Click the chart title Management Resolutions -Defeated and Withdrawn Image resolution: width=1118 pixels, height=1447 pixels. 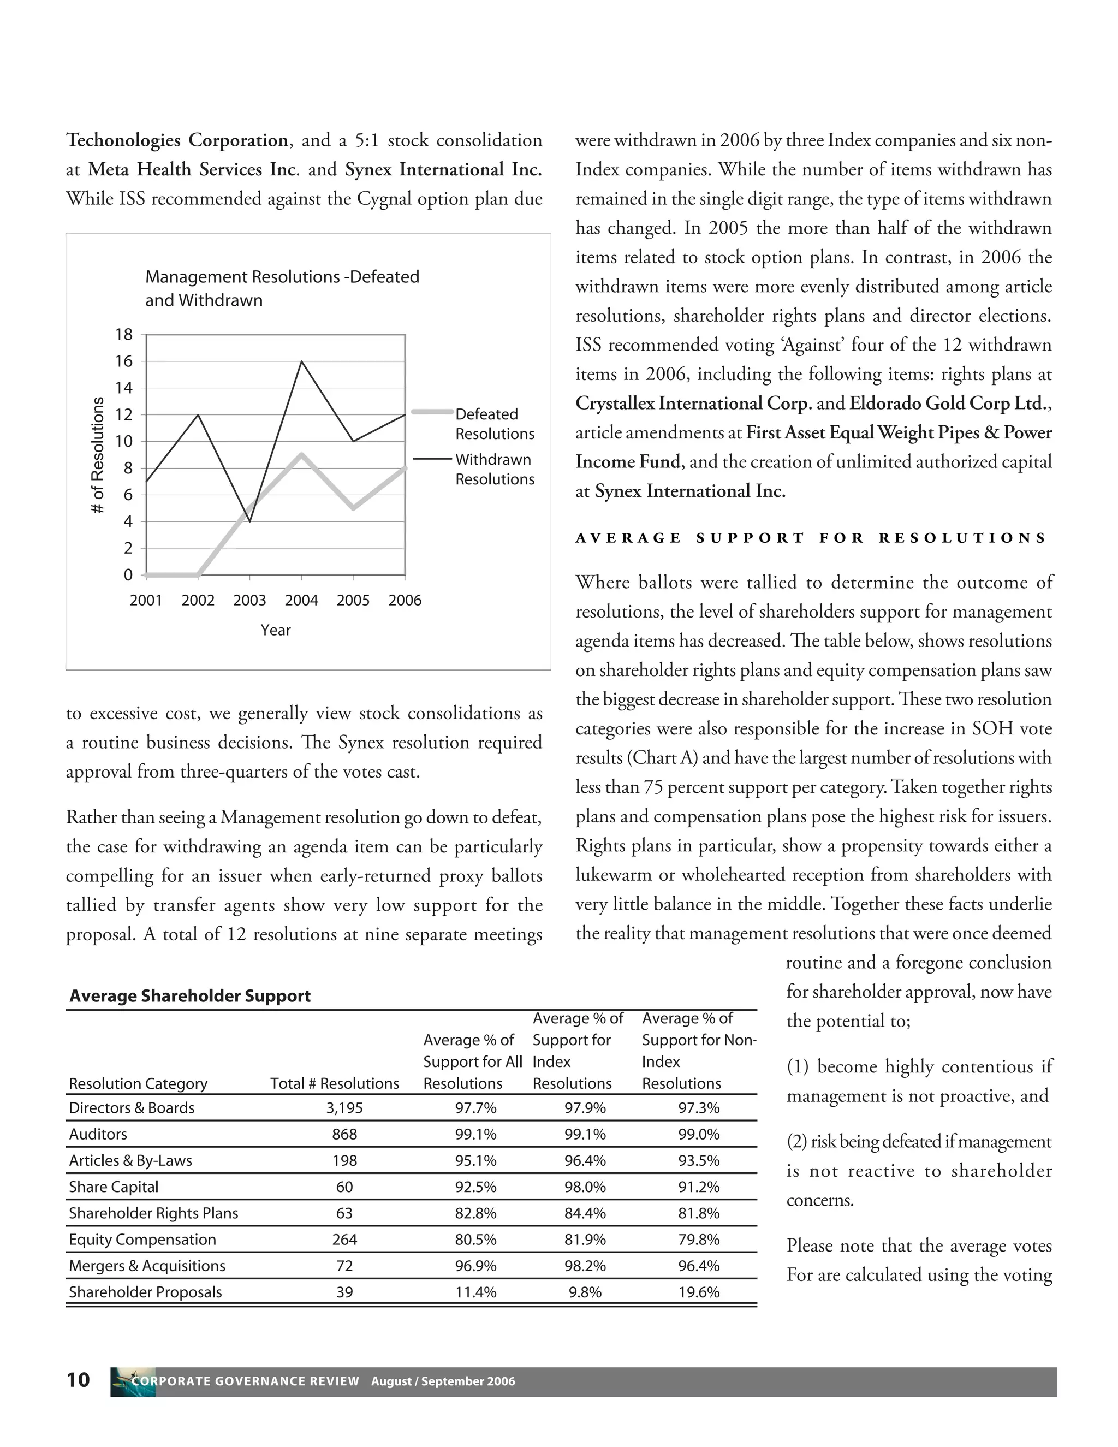coord(282,288)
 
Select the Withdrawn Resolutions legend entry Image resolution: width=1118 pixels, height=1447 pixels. coord(494,469)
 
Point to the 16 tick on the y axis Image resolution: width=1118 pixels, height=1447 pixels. coord(124,361)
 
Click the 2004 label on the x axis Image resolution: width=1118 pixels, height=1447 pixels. coord(301,600)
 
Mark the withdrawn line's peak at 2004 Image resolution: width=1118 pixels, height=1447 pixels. coord(302,361)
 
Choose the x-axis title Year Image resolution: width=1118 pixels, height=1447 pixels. coord(276,630)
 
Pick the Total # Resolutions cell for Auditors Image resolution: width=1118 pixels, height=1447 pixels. coord(344,1134)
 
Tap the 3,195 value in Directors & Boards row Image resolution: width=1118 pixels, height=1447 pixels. coord(344,1108)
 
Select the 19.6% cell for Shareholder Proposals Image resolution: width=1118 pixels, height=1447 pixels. coord(699,1292)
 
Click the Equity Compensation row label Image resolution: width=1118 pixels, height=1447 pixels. coord(142,1240)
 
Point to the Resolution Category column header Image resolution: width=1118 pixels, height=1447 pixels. coord(138,1083)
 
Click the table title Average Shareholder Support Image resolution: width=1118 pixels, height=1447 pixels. coord(190,997)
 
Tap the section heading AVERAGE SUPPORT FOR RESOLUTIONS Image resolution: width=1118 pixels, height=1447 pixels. coord(811,538)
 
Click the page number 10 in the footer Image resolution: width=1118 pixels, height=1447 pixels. coord(78,1380)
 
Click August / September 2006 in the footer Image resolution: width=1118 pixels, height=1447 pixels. coord(443,1381)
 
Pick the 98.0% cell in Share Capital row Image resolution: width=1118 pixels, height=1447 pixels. coord(585,1187)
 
